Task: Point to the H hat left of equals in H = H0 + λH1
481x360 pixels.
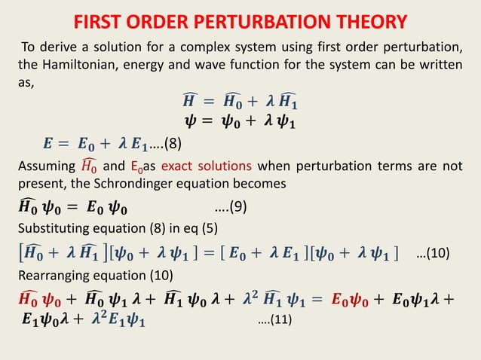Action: (x=192, y=100)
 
